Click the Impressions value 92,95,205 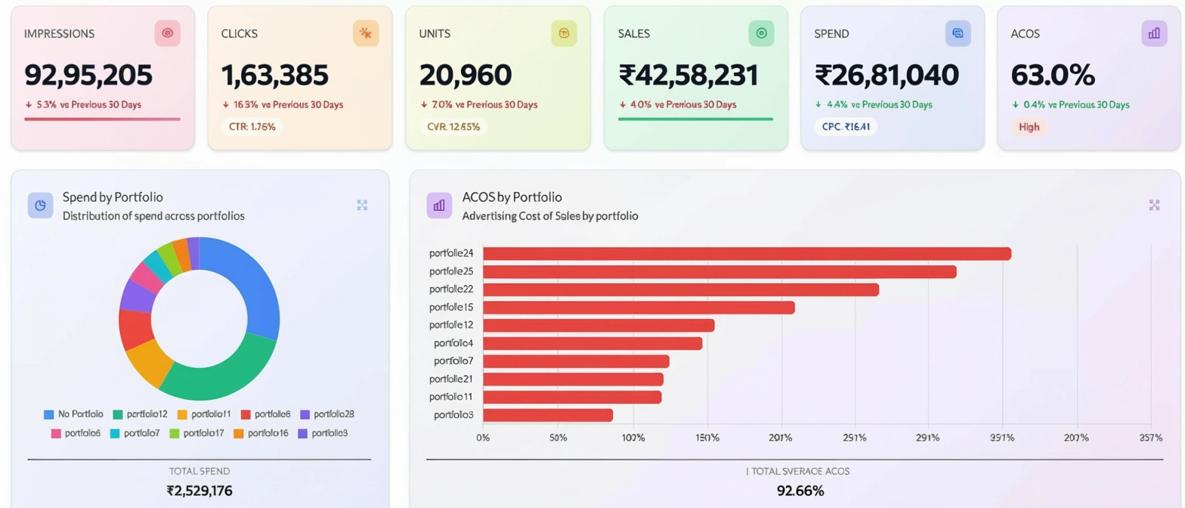coord(88,76)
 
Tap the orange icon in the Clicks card coord(366,33)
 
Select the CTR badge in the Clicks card coord(252,127)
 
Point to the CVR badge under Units coord(453,127)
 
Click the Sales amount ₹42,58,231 coord(688,76)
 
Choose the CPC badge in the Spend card coord(846,127)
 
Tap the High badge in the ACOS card coord(1029,127)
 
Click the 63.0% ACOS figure coord(1052,76)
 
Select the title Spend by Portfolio coord(113,197)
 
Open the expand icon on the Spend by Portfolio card coord(362,205)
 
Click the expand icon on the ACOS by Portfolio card coord(1154,205)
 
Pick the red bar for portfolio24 coord(747,253)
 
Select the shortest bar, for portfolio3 coord(548,415)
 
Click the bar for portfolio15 coord(639,307)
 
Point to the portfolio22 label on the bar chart coord(451,290)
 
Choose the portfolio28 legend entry coord(327,414)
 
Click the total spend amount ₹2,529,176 coord(200,491)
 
